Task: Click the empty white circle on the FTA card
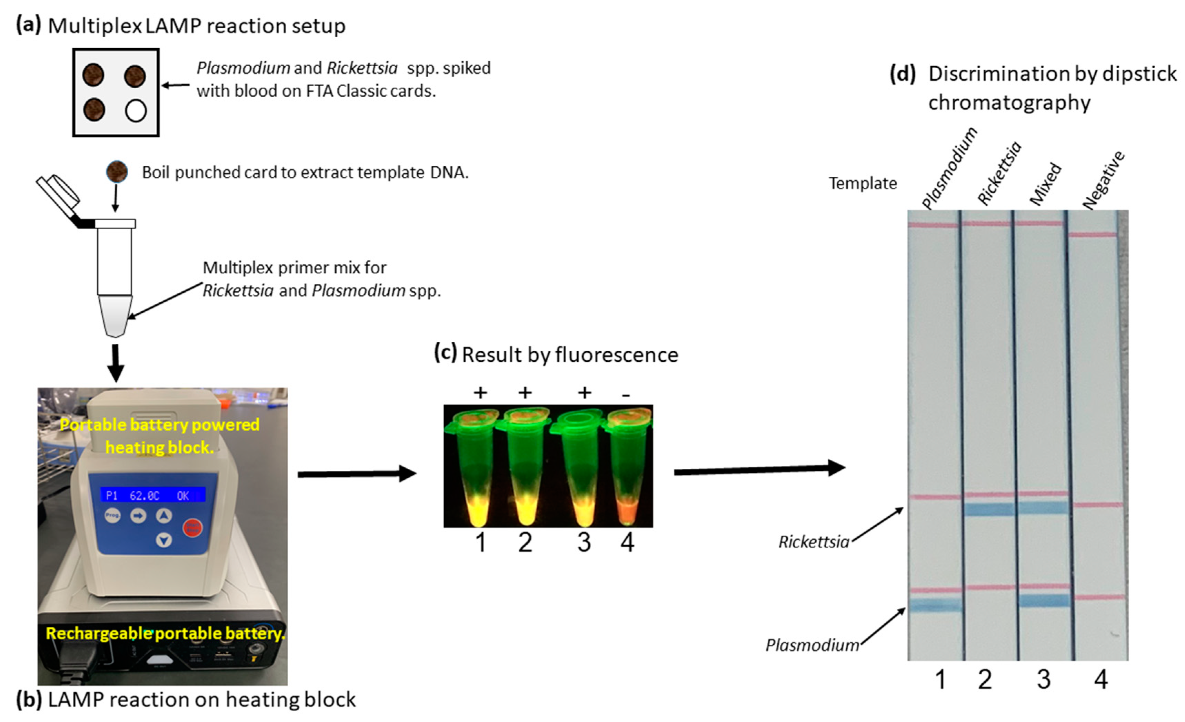pyautogui.click(x=135, y=111)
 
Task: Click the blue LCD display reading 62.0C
pyautogui.click(x=152, y=495)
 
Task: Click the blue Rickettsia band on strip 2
pyautogui.click(x=989, y=508)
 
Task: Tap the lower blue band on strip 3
pyautogui.click(x=1044, y=600)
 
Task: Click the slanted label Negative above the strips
pyautogui.click(x=1104, y=180)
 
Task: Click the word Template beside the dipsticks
pyautogui.click(x=862, y=183)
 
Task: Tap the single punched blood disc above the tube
pyautogui.click(x=116, y=172)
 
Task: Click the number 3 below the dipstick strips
pyautogui.click(x=1043, y=680)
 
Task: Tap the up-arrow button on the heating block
pyautogui.click(x=164, y=516)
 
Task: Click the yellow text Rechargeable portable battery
pyautogui.click(x=165, y=633)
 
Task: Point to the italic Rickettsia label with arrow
pyautogui.click(x=814, y=542)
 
